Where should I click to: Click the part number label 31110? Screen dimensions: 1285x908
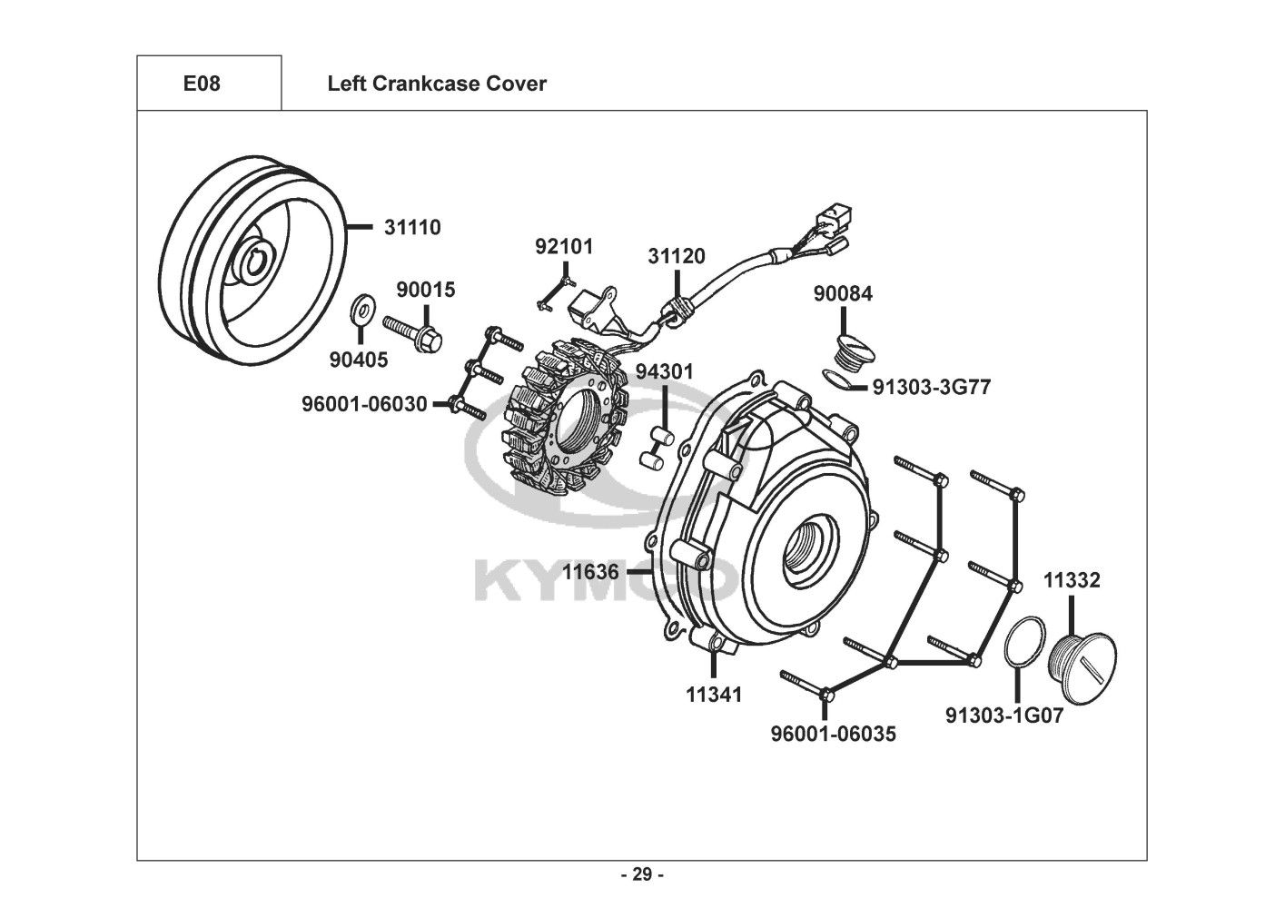pos(412,228)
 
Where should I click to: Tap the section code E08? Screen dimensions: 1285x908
pos(202,84)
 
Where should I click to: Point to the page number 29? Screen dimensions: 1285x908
pos(643,874)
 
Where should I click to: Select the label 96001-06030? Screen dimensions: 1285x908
pos(364,404)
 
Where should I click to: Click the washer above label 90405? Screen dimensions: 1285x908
pos(360,310)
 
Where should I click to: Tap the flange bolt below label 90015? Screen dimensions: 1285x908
pos(412,332)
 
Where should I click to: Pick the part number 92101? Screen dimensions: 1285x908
pos(564,247)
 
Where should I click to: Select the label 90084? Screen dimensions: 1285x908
pos(843,293)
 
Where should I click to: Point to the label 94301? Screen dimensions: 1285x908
pos(665,372)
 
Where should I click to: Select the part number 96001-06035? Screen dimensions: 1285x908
pos(833,735)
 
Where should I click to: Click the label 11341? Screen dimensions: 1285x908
pos(714,696)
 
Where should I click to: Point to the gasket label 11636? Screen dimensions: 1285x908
pos(590,572)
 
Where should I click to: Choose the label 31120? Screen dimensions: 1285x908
pos(677,256)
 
